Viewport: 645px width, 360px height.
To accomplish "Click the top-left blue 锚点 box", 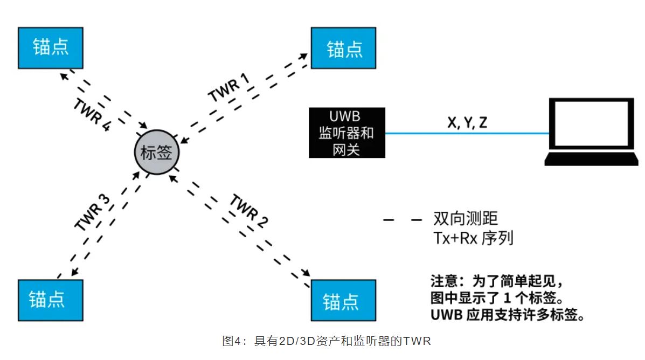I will coord(51,47).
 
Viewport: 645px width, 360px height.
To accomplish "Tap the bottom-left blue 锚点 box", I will coord(51,300).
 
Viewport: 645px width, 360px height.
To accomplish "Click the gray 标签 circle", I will coord(156,153).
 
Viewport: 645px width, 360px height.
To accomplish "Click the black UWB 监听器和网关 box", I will coord(347,133).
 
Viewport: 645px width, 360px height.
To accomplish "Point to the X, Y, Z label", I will coord(467,122).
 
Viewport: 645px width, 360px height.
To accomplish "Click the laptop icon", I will coord(591,131).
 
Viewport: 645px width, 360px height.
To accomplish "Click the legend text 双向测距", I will coord(466,218).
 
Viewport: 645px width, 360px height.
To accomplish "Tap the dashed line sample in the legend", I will coord(402,219).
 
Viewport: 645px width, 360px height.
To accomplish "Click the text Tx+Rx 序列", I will coord(473,238).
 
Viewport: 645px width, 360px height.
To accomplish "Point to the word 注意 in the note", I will coord(445,282).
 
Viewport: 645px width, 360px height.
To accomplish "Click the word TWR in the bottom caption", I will coord(418,341).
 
